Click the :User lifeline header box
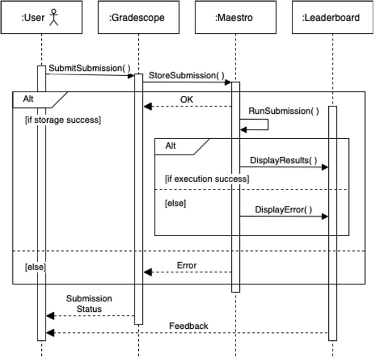pos(41,17)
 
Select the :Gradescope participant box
pos(137,17)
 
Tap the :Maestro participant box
pos(234,17)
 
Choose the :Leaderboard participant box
pos(331,17)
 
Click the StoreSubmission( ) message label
pos(186,75)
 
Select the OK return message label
pos(187,99)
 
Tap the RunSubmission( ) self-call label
pos(284,111)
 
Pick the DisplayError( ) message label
pos(284,210)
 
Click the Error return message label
pos(187,265)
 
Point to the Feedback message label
pos(189,326)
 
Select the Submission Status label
pos(89,304)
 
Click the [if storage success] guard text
pos(63,120)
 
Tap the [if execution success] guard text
pos(207,179)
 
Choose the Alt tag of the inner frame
pos(171,146)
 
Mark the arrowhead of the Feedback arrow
pos(50,332)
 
